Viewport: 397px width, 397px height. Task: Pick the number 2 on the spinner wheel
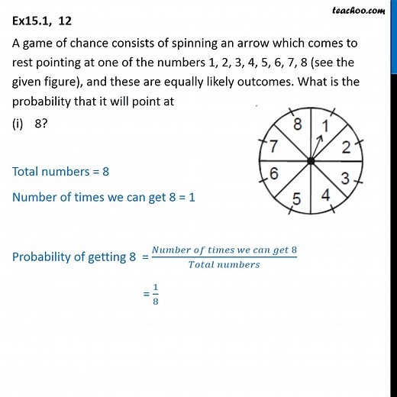(345, 147)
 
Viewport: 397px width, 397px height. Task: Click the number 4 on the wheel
(325, 195)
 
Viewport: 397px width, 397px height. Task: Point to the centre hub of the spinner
(311, 161)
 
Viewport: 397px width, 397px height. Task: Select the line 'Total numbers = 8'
(61, 172)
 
